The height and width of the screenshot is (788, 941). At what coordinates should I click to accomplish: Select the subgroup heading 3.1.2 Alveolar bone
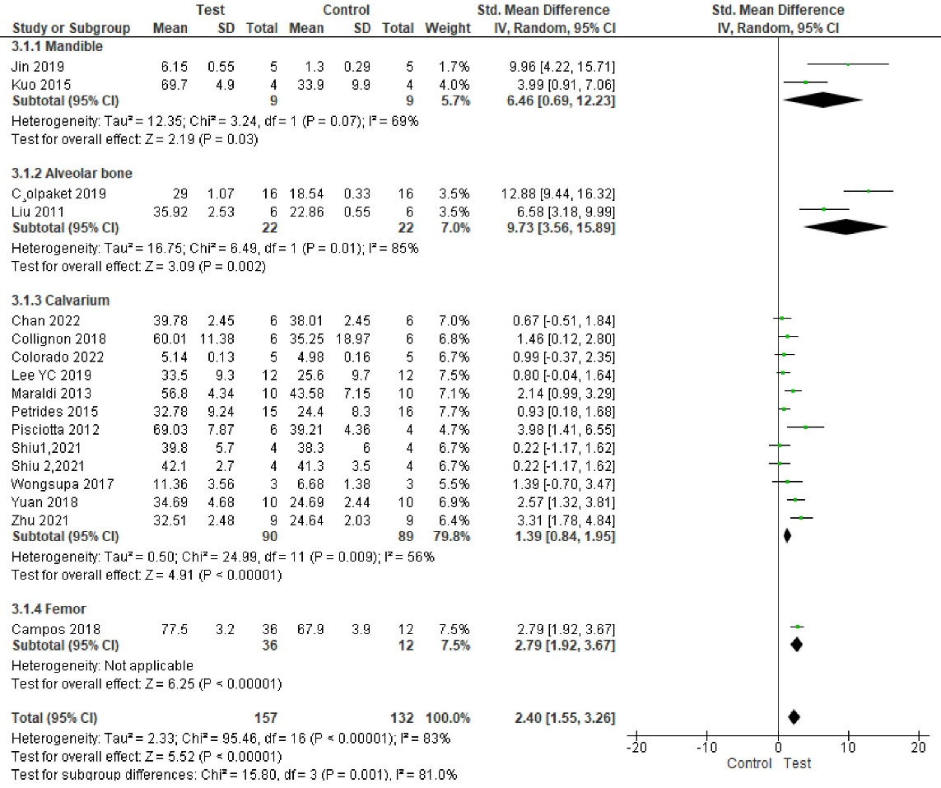click(x=72, y=173)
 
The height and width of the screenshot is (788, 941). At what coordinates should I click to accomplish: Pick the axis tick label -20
click(x=635, y=748)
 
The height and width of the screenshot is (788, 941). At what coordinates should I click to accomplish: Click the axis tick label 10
click(x=847, y=748)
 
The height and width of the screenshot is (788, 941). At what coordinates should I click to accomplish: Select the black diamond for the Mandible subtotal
click(x=823, y=100)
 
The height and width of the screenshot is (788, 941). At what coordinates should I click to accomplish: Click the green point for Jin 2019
click(x=848, y=63)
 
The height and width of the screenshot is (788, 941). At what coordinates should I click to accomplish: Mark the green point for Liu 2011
click(x=824, y=209)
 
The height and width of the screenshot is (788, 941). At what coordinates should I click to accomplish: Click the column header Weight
click(x=447, y=28)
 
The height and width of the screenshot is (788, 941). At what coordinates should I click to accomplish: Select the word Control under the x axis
click(x=748, y=763)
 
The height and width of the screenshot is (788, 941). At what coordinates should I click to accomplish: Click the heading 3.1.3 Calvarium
click(x=61, y=301)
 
